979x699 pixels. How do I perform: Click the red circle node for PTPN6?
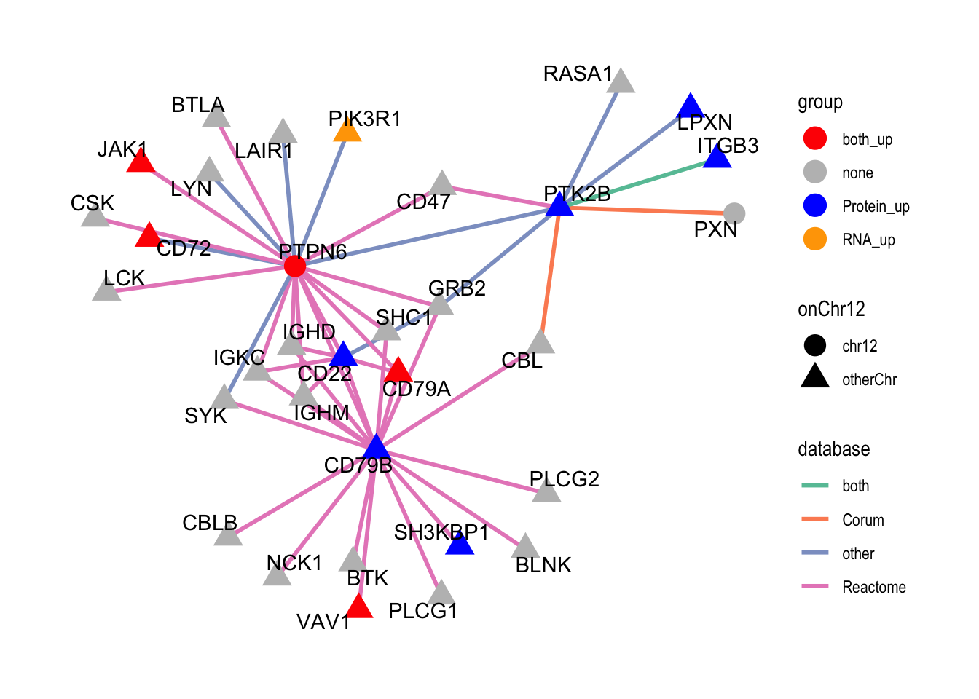pos(294,266)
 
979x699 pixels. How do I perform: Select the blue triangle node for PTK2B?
pos(559,206)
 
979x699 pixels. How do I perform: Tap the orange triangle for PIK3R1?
pos(347,131)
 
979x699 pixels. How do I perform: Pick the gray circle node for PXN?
pos(735,213)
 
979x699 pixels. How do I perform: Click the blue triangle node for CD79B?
pos(375,447)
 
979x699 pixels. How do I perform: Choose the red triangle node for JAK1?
pos(141,162)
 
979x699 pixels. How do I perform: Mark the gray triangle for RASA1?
pos(621,82)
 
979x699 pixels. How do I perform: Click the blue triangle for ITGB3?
pos(717,157)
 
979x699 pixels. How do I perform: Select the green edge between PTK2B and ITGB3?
pos(641,181)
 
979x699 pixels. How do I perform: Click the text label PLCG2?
pos(564,479)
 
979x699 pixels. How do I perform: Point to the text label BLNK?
pos(543,565)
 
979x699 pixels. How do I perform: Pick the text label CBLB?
pos(210,523)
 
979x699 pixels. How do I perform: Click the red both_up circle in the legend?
pos(814,139)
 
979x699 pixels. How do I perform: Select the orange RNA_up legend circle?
pos(814,240)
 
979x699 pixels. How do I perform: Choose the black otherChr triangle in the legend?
pos(814,378)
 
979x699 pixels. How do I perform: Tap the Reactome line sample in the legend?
pos(814,587)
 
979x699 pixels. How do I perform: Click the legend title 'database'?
pos(833,449)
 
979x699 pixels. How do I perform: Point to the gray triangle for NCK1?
pos(277,575)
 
